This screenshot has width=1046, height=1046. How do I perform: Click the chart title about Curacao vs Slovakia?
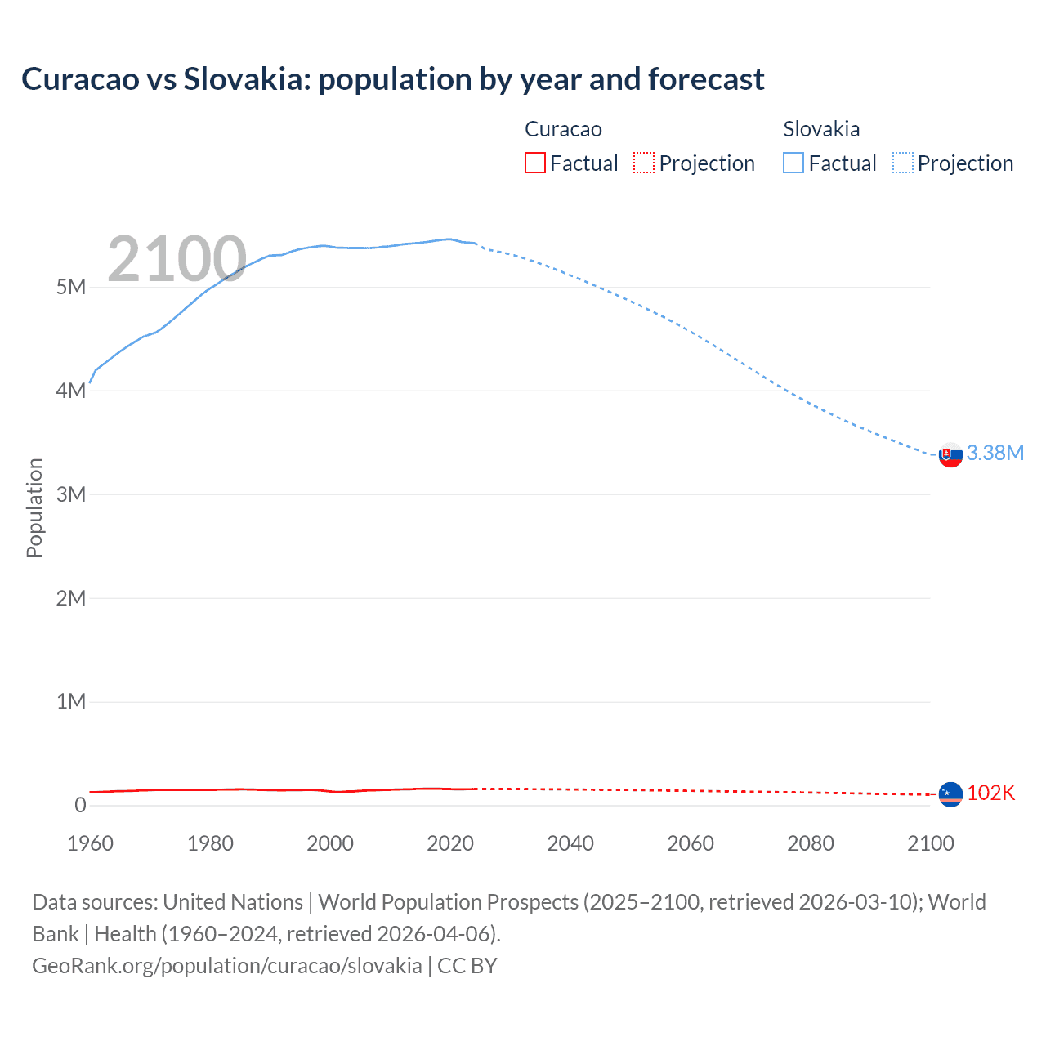click(393, 79)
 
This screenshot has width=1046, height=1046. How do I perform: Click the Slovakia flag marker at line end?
click(950, 455)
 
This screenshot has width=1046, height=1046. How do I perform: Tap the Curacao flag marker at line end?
click(950, 794)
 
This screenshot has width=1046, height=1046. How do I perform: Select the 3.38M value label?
click(995, 454)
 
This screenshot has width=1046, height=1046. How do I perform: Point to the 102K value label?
click(990, 793)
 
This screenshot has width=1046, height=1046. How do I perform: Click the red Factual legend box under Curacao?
click(535, 163)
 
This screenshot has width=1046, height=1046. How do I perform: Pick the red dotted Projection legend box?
click(644, 163)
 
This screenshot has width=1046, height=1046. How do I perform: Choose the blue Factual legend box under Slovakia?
click(793, 163)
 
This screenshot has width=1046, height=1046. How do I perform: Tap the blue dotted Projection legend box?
click(903, 163)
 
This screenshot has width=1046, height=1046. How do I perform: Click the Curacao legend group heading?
click(563, 129)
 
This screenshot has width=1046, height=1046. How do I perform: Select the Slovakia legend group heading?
click(821, 129)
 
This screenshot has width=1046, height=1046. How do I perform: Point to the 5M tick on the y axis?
click(71, 288)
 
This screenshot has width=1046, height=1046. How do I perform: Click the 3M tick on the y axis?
click(71, 494)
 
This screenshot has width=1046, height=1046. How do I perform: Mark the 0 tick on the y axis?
click(79, 805)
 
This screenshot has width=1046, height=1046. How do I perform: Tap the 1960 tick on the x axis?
click(90, 843)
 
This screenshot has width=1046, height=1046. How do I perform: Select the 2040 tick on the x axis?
click(570, 843)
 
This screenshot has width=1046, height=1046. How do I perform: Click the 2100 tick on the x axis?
click(930, 843)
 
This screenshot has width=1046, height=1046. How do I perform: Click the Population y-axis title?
click(34, 507)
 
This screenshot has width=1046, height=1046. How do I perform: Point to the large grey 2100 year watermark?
click(177, 259)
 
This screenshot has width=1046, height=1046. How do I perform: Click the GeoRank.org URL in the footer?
click(227, 966)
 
